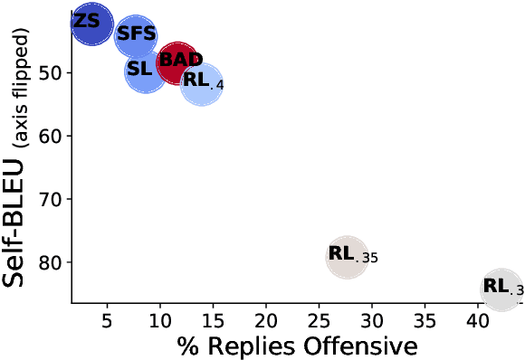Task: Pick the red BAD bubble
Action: [x=177, y=62]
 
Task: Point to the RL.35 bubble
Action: [x=348, y=256]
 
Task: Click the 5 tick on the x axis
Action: [x=108, y=321]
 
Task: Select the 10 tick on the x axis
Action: [x=160, y=321]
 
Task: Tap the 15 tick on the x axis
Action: [x=213, y=321]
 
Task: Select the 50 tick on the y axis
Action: [x=52, y=72]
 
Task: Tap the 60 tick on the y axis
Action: [x=52, y=136]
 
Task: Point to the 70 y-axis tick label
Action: [x=52, y=199]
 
